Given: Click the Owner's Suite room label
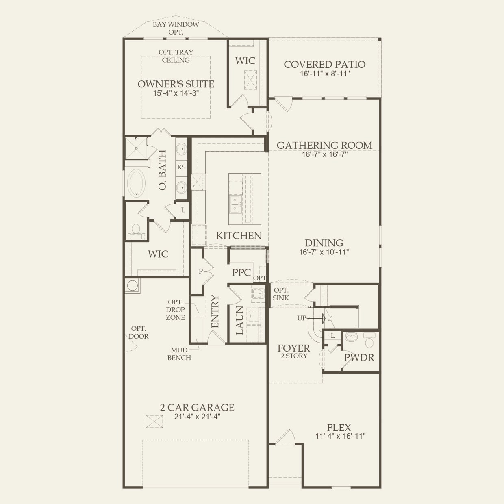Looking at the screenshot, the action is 176,84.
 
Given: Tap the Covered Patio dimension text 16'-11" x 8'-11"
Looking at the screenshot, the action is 325,74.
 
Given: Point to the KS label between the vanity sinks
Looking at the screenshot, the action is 181,167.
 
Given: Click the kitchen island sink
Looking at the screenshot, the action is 235,204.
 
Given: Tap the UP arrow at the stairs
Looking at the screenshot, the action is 316,318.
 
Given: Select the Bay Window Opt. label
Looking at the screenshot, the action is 176,28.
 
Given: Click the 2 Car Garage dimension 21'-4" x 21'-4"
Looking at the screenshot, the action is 197,416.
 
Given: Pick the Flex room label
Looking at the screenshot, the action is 339,427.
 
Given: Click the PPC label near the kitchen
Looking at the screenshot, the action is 241,273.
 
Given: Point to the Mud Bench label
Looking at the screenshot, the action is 179,354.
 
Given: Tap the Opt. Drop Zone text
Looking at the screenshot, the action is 176,310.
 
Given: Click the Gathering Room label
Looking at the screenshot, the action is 325,146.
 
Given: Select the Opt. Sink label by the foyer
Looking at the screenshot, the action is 281,294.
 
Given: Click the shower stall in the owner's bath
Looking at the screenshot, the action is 136,148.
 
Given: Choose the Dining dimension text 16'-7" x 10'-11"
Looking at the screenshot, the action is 324,252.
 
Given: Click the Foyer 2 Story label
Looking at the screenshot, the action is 294,351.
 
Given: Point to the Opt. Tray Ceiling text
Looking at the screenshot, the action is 176,56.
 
